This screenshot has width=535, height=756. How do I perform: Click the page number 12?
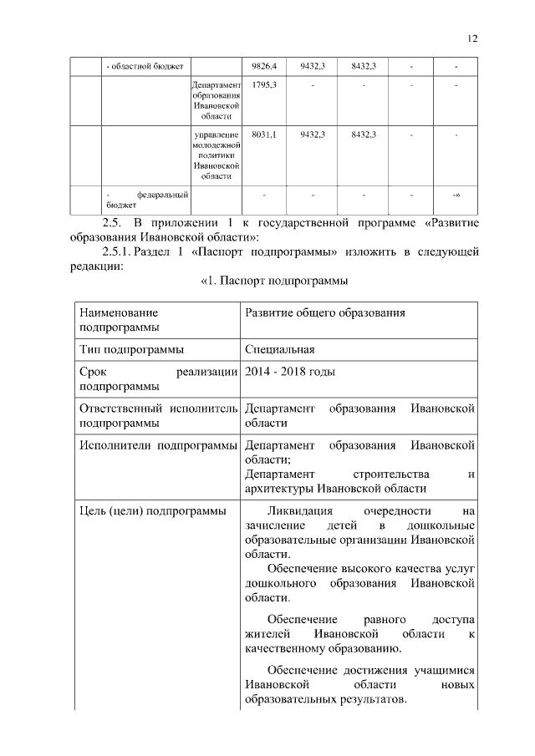coord(472,38)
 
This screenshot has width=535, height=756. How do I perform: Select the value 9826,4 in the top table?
coord(263,65)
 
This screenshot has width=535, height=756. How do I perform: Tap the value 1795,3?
coord(263,84)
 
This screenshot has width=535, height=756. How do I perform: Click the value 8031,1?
coord(263,134)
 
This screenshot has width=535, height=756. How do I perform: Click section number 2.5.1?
coord(120,251)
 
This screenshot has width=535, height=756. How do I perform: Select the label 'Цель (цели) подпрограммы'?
coord(151,510)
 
